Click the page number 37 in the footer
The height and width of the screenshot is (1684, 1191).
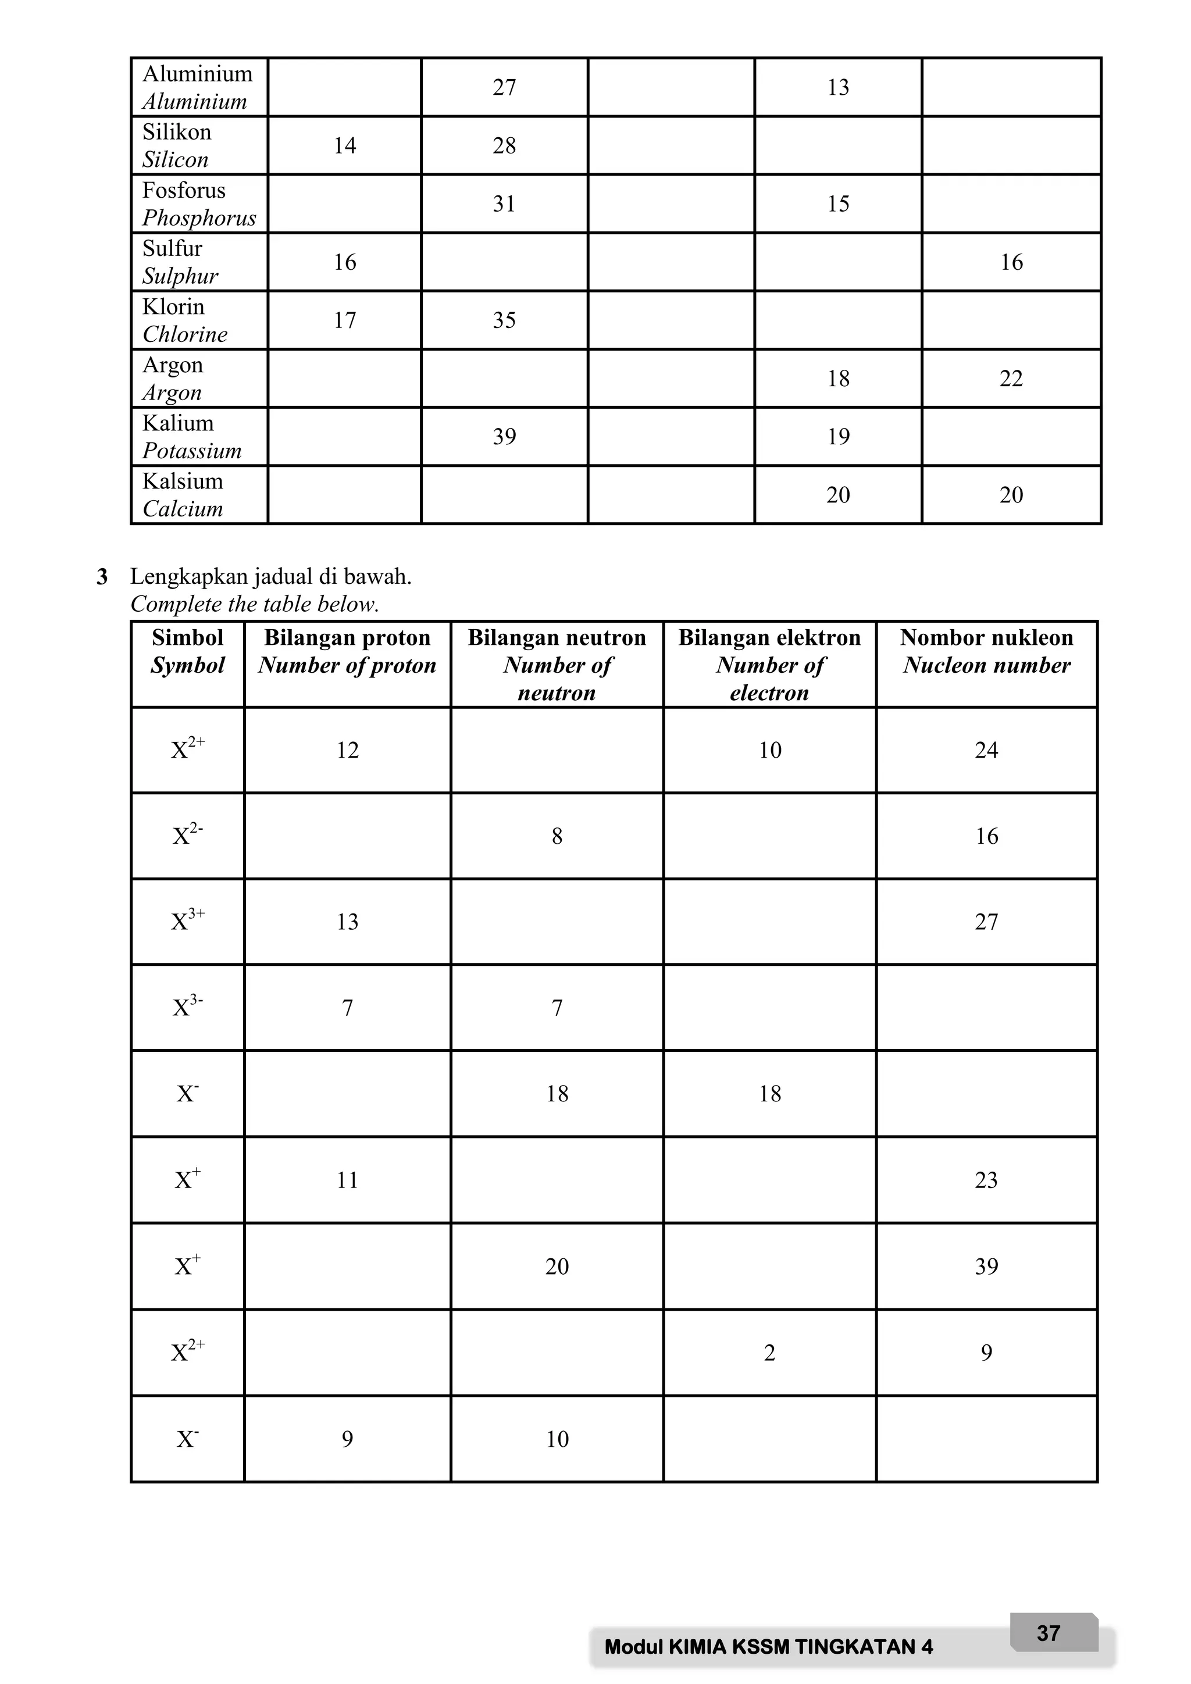point(1048,1633)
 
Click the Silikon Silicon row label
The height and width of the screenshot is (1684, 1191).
point(176,145)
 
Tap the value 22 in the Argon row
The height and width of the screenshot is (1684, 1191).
point(1011,379)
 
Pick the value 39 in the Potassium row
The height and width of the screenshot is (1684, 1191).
point(504,436)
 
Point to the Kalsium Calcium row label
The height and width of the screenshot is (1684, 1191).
point(183,494)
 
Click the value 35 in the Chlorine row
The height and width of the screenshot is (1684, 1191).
point(504,320)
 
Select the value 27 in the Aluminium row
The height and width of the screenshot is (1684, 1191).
point(504,87)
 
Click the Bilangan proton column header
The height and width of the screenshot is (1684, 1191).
point(347,651)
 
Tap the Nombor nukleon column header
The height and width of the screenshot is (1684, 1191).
point(986,651)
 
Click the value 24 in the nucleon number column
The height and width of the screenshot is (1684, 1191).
point(986,750)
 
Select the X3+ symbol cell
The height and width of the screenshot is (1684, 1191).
point(188,921)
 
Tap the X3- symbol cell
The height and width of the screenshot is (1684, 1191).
point(188,1007)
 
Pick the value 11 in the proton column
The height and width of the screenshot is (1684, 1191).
point(347,1180)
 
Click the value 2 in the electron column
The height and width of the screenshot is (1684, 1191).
point(769,1353)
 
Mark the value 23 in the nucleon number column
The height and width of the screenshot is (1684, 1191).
point(986,1180)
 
